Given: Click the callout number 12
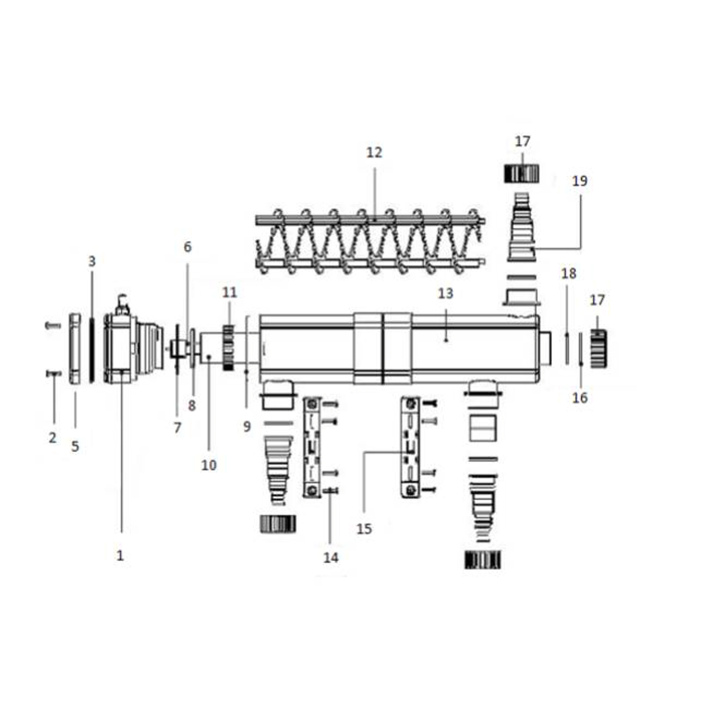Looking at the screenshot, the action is [374, 153].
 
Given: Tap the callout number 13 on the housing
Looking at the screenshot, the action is [446, 293].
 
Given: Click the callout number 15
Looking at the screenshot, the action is [364, 529].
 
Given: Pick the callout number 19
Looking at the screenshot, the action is [579, 181].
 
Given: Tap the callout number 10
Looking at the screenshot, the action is [209, 465].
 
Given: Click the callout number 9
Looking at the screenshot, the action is [247, 427].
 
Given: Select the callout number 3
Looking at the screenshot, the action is [92, 261].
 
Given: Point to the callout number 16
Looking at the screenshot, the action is [580, 398].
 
